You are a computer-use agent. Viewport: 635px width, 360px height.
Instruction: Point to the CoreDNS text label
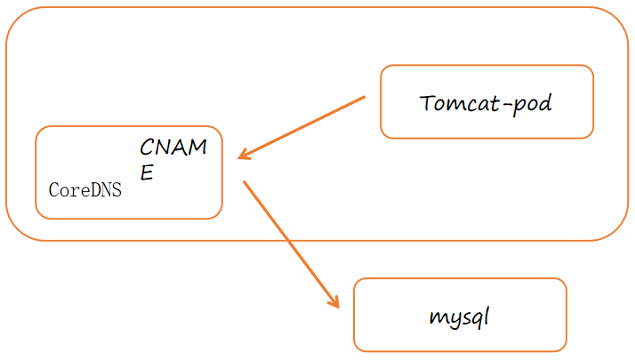tap(85, 189)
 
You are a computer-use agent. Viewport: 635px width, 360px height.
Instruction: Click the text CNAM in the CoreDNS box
tap(173, 148)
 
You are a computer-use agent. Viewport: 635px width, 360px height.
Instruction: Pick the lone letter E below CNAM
tap(147, 172)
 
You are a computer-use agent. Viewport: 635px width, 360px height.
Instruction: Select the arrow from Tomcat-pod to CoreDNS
tap(302, 128)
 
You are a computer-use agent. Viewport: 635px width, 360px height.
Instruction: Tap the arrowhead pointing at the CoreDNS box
tap(243, 157)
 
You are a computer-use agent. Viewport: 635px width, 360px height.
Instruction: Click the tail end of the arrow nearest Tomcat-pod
tap(364, 98)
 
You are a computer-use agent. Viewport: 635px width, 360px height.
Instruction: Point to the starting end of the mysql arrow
tap(245, 182)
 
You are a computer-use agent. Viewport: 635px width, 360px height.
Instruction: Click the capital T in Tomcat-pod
tap(428, 103)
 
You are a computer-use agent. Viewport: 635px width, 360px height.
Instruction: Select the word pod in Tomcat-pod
tap(534, 104)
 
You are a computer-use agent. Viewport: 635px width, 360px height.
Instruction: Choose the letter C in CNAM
tap(148, 148)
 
